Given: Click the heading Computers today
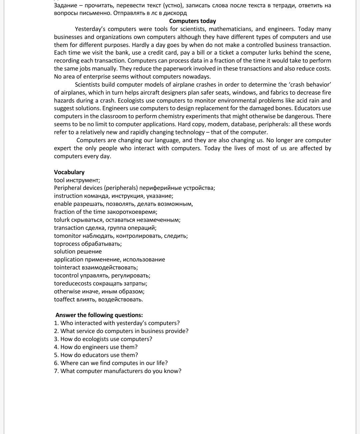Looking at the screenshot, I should (x=192, y=21).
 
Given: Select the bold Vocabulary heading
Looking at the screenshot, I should (x=69, y=172).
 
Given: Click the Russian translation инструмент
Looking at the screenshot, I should (x=83, y=180).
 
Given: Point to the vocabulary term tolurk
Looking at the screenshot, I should (x=62, y=220).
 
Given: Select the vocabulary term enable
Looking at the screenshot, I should (x=63, y=204).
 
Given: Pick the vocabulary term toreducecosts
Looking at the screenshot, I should (x=73, y=283).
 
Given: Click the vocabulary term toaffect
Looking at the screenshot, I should (x=64, y=299).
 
